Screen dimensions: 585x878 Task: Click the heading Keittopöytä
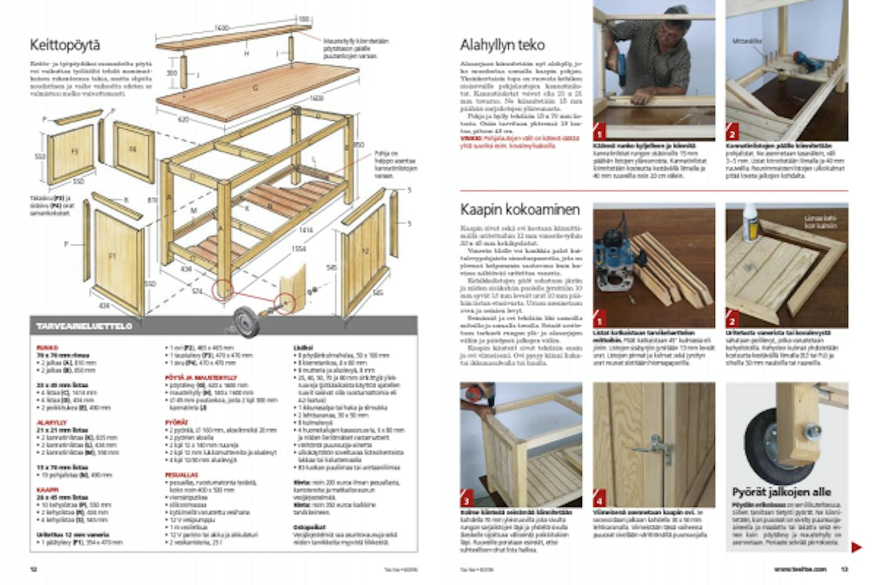pos(65,45)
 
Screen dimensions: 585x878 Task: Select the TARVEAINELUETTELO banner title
pos(84,326)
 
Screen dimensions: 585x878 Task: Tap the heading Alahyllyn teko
pos(502,45)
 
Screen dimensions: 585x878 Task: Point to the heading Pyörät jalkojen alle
pos(781,492)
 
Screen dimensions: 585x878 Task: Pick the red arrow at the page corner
pos(856,548)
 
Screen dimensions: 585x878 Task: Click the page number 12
pos(33,569)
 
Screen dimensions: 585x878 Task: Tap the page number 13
pos(845,569)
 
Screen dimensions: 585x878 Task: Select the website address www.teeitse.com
pos(800,569)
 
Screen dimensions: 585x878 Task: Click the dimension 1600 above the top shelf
pos(221,28)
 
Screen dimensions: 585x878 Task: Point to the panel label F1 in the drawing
pos(113,256)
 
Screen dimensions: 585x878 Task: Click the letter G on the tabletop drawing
pos(255,88)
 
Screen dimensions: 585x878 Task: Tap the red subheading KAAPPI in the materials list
pos(47,490)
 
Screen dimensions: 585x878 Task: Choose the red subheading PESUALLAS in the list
pos(181,475)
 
